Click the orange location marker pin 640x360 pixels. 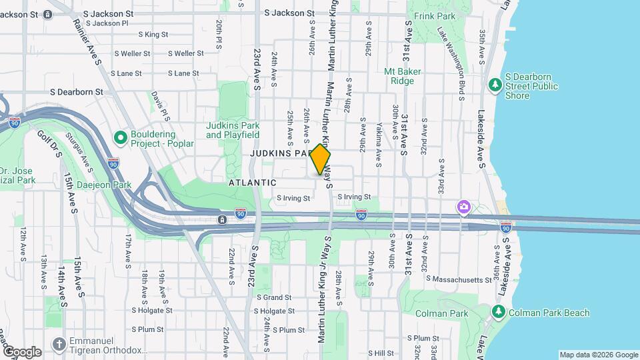(x=321, y=159)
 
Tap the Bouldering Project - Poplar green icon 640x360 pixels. (x=121, y=138)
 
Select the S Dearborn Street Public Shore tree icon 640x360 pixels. (x=495, y=85)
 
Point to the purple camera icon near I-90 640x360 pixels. (x=463, y=208)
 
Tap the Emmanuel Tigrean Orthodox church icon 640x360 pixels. (x=59, y=344)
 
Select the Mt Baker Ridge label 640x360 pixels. (x=399, y=76)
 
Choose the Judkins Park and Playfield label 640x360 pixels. (x=233, y=129)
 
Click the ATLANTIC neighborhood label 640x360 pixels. (x=252, y=182)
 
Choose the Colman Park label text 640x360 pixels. (x=435, y=313)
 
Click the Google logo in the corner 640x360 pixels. (x=22, y=351)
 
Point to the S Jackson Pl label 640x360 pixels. (x=106, y=23)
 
